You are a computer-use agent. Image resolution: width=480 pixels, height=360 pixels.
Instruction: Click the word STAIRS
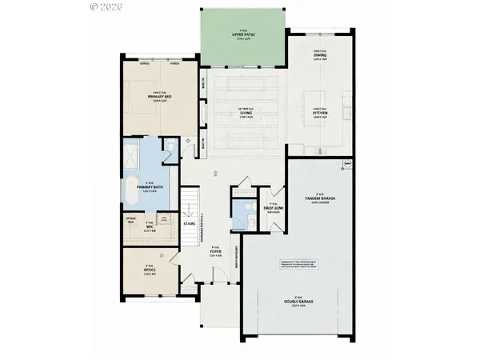(190, 223)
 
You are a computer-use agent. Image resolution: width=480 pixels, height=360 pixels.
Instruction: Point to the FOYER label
(215, 255)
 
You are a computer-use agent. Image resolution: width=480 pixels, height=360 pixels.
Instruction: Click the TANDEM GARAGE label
(318, 198)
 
